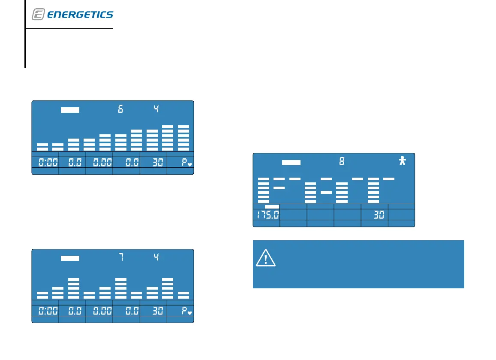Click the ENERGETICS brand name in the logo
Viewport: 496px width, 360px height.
(x=80, y=15)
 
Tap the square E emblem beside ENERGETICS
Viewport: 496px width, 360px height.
(x=38, y=15)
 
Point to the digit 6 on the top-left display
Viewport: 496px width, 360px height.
(x=120, y=109)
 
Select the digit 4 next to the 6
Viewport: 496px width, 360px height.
(x=156, y=109)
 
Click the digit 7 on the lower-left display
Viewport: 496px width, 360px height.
(x=120, y=258)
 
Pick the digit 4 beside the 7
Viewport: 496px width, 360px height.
(x=156, y=258)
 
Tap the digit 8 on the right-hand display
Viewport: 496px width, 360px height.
(x=342, y=162)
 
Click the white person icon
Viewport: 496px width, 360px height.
(x=402, y=161)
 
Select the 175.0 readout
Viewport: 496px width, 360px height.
(x=266, y=215)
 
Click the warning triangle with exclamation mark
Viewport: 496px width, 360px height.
(x=266, y=259)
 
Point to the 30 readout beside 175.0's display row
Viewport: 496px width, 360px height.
(x=378, y=215)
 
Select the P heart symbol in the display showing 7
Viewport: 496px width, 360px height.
(x=186, y=311)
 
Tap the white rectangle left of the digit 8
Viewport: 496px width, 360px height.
(x=292, y=163)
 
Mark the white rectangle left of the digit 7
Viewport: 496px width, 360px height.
(x=70, y=258)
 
